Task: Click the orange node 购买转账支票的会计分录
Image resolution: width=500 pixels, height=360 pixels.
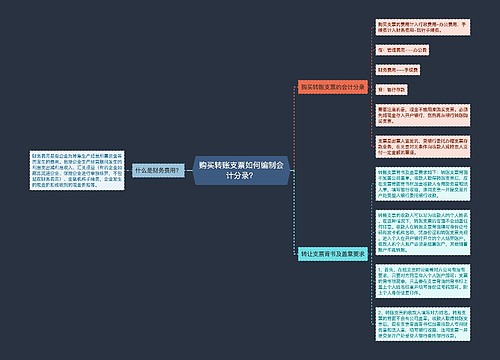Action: pyautogui.click(x=332, y=87)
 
